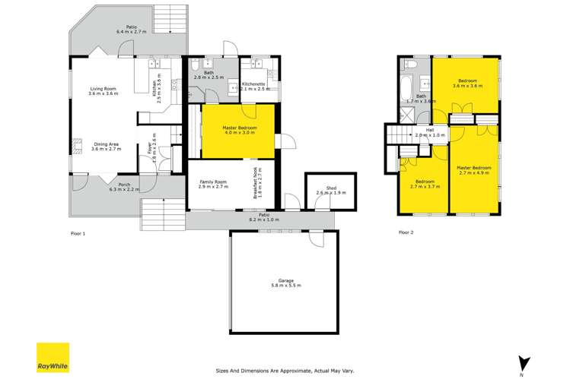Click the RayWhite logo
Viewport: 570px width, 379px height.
(53, 358)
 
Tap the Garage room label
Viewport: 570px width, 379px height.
(286, 283)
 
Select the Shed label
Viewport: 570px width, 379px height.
(331, 191)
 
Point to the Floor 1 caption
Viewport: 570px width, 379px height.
(78, 234)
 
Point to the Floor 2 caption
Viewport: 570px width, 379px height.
(406, 232)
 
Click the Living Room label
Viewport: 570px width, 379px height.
(103, 91)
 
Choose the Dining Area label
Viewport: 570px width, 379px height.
(106, 147)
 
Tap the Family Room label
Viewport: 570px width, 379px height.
(213, 185)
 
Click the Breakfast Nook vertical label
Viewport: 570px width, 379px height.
(258, 182)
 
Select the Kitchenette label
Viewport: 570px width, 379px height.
(254, 87)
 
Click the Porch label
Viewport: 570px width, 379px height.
(124, 187)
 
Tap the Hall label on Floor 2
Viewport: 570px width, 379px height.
(430, 132)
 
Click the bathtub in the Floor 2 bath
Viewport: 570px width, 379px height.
(406, 88)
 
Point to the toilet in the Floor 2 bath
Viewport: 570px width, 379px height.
(412, 65)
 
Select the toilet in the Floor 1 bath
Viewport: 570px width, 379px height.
(195, 65)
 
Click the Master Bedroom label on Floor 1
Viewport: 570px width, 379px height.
(240, 130)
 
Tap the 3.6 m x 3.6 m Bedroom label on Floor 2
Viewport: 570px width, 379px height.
(467, 84)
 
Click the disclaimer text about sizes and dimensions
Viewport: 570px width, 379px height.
(285, 371)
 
